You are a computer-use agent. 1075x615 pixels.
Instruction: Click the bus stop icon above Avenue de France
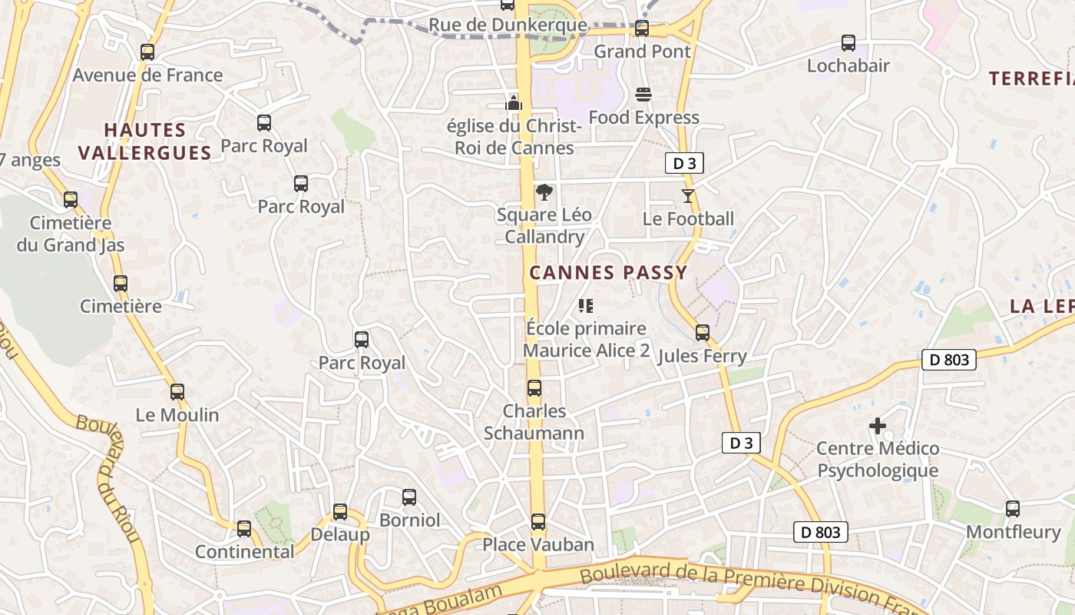(x=147, y=52)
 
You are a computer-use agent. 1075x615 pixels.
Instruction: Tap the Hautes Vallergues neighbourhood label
(x=145, y=141)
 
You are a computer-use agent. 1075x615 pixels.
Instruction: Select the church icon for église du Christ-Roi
(x=514, y=102)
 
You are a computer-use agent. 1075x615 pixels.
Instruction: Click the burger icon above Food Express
(x=643, y=95)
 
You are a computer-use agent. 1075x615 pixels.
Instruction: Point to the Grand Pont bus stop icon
(x=641, y=28)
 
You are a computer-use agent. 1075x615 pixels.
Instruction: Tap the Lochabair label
(x=848, y=66)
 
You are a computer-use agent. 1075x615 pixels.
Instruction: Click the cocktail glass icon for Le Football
(x=688, y=196)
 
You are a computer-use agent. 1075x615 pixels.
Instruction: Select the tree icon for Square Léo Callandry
(x=544, y=192)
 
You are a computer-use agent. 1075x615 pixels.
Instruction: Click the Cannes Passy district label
(x=608, y=273)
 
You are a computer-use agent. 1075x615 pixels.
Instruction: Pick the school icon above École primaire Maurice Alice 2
(x=586, y=306)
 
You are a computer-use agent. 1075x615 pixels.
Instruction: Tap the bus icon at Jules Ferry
(x=703, y=333)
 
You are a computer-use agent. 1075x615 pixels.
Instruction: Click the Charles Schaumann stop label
(x=534, y=422)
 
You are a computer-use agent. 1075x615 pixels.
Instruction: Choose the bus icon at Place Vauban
(x=538, y=522)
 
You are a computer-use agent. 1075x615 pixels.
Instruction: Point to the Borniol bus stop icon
(x=409, y=497)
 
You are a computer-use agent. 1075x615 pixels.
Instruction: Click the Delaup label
(x=340, y=534)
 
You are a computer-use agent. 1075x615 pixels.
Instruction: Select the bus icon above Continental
(x=244, y=529)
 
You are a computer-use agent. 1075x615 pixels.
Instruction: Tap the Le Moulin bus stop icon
(x=177, y=392)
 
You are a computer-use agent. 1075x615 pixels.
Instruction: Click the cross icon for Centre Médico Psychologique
(x=878, y=426)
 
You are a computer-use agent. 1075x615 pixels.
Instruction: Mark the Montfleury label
(x=1013, y=532)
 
